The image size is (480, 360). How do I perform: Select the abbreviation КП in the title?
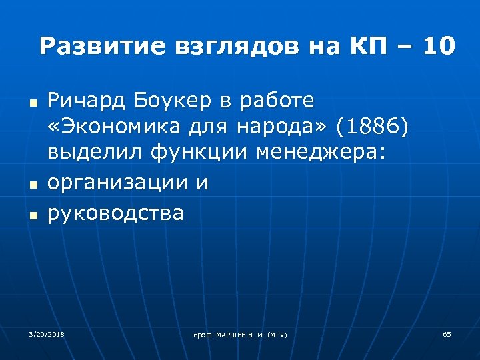point(365,47)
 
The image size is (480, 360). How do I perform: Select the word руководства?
point(115,214)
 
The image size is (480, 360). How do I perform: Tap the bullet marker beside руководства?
point(31,215)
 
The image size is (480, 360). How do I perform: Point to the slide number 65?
point(447,333)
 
